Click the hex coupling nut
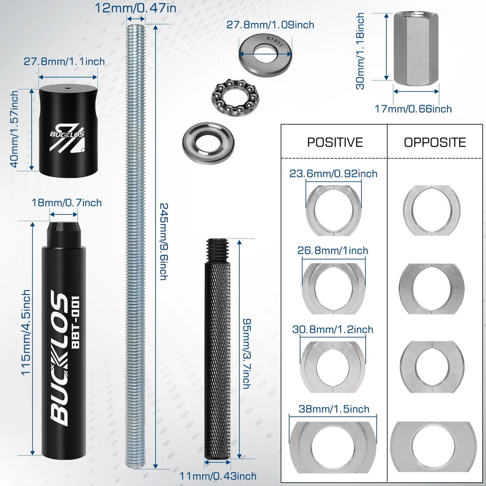point(416,49)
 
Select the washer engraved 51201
point(265,54)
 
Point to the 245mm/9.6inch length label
point(164,242)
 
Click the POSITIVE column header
point(335,142)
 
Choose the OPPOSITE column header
point(435,142)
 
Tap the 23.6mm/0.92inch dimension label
point(333,174)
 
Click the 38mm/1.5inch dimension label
point(334,409)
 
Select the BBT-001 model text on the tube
point(76,322)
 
